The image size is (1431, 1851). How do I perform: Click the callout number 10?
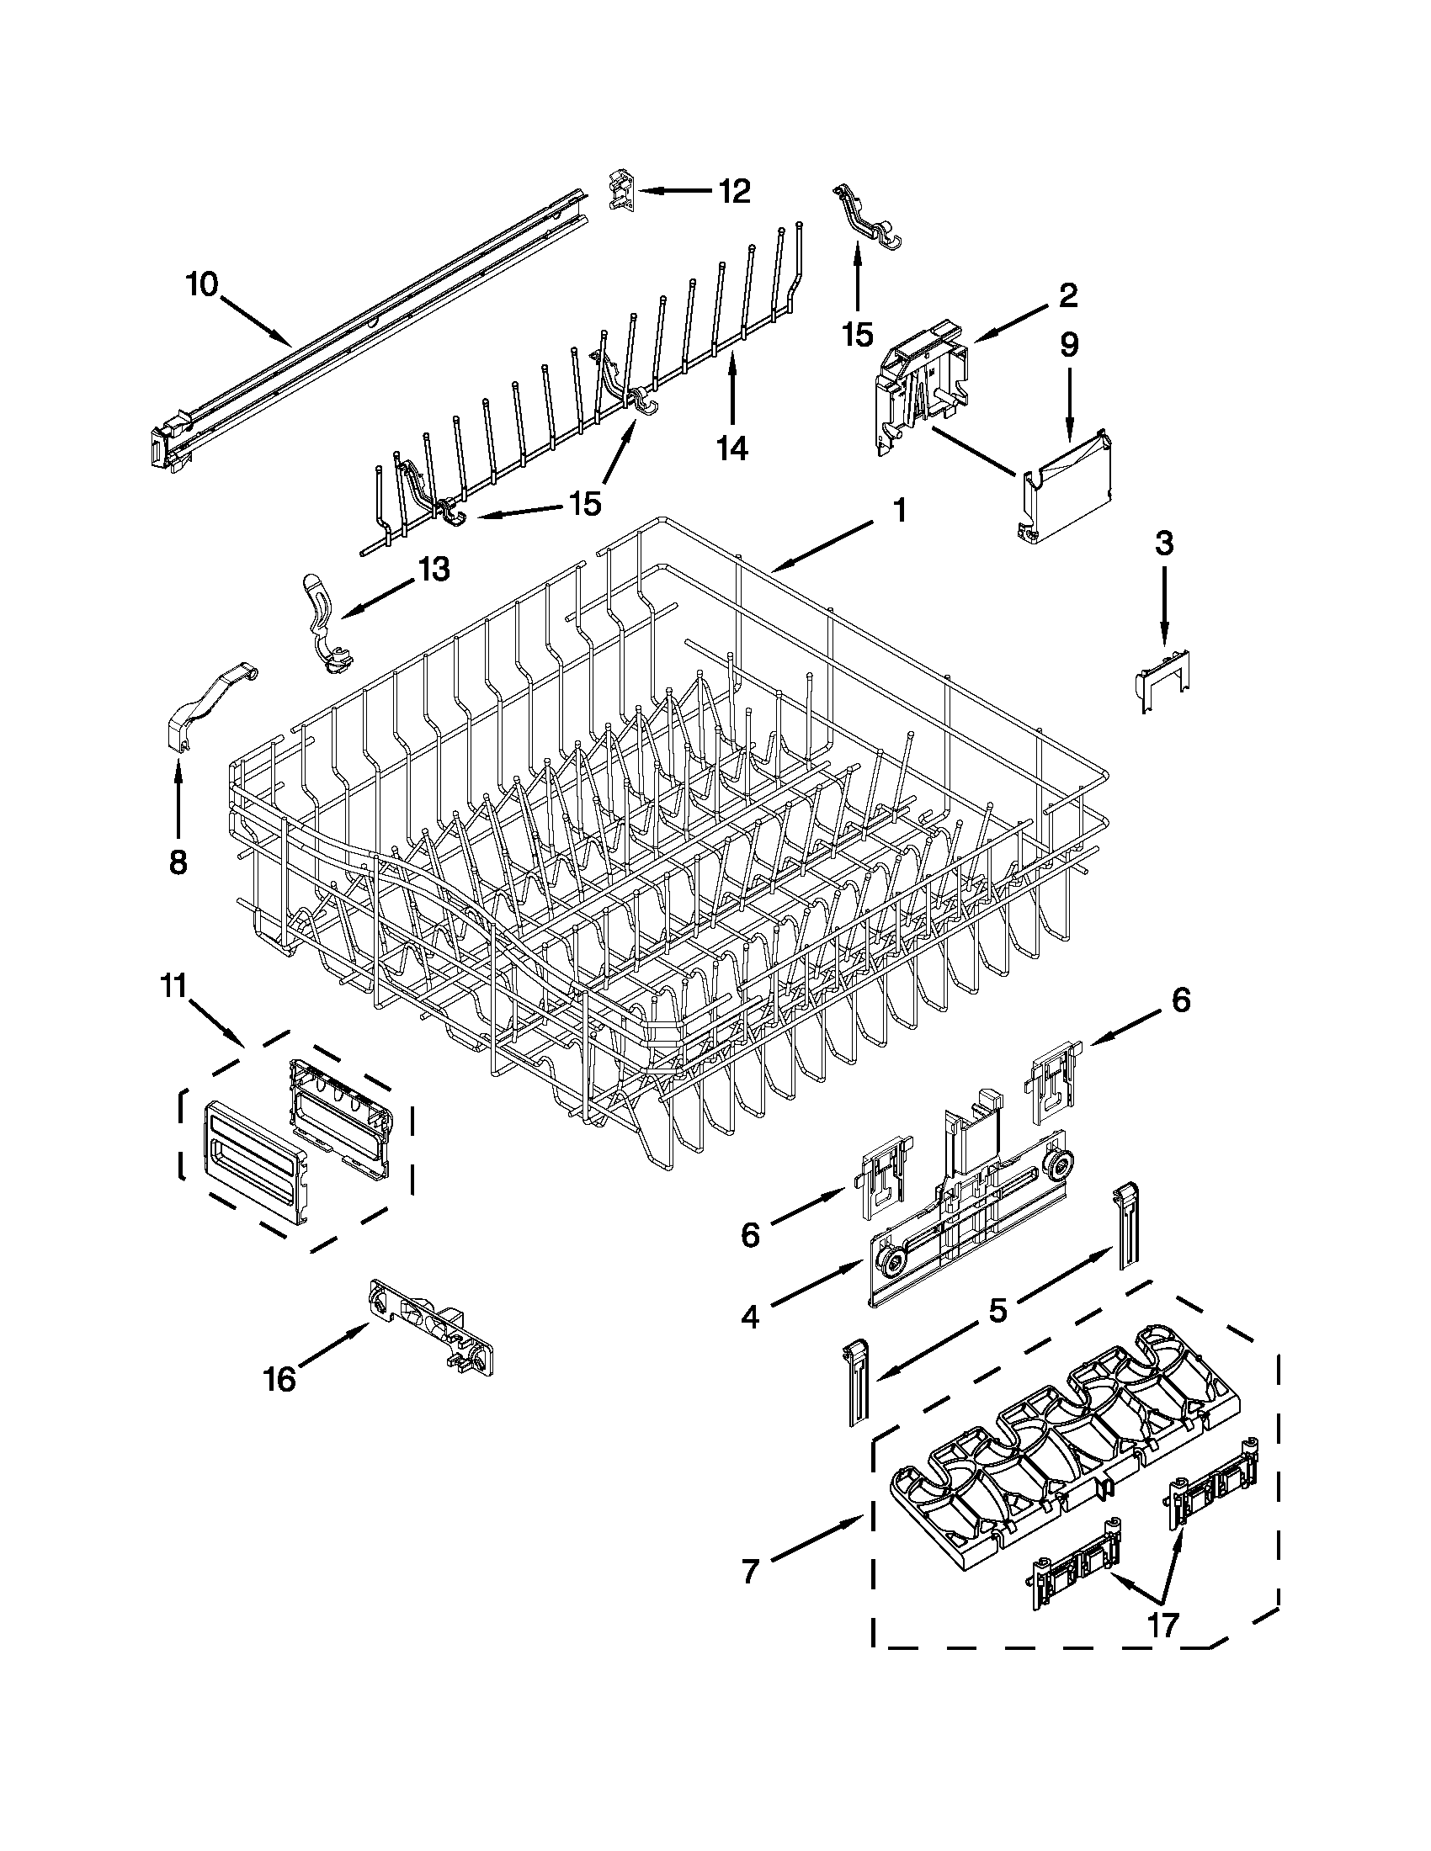203,284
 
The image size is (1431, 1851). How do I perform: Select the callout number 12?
734,192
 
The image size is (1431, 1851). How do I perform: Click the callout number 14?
732,448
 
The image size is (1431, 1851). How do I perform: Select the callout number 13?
434,570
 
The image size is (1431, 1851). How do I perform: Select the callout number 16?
279,1380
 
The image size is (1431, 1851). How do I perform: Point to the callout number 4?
749,1316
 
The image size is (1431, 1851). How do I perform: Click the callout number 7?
749,1572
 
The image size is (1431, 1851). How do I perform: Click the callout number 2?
1067,295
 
